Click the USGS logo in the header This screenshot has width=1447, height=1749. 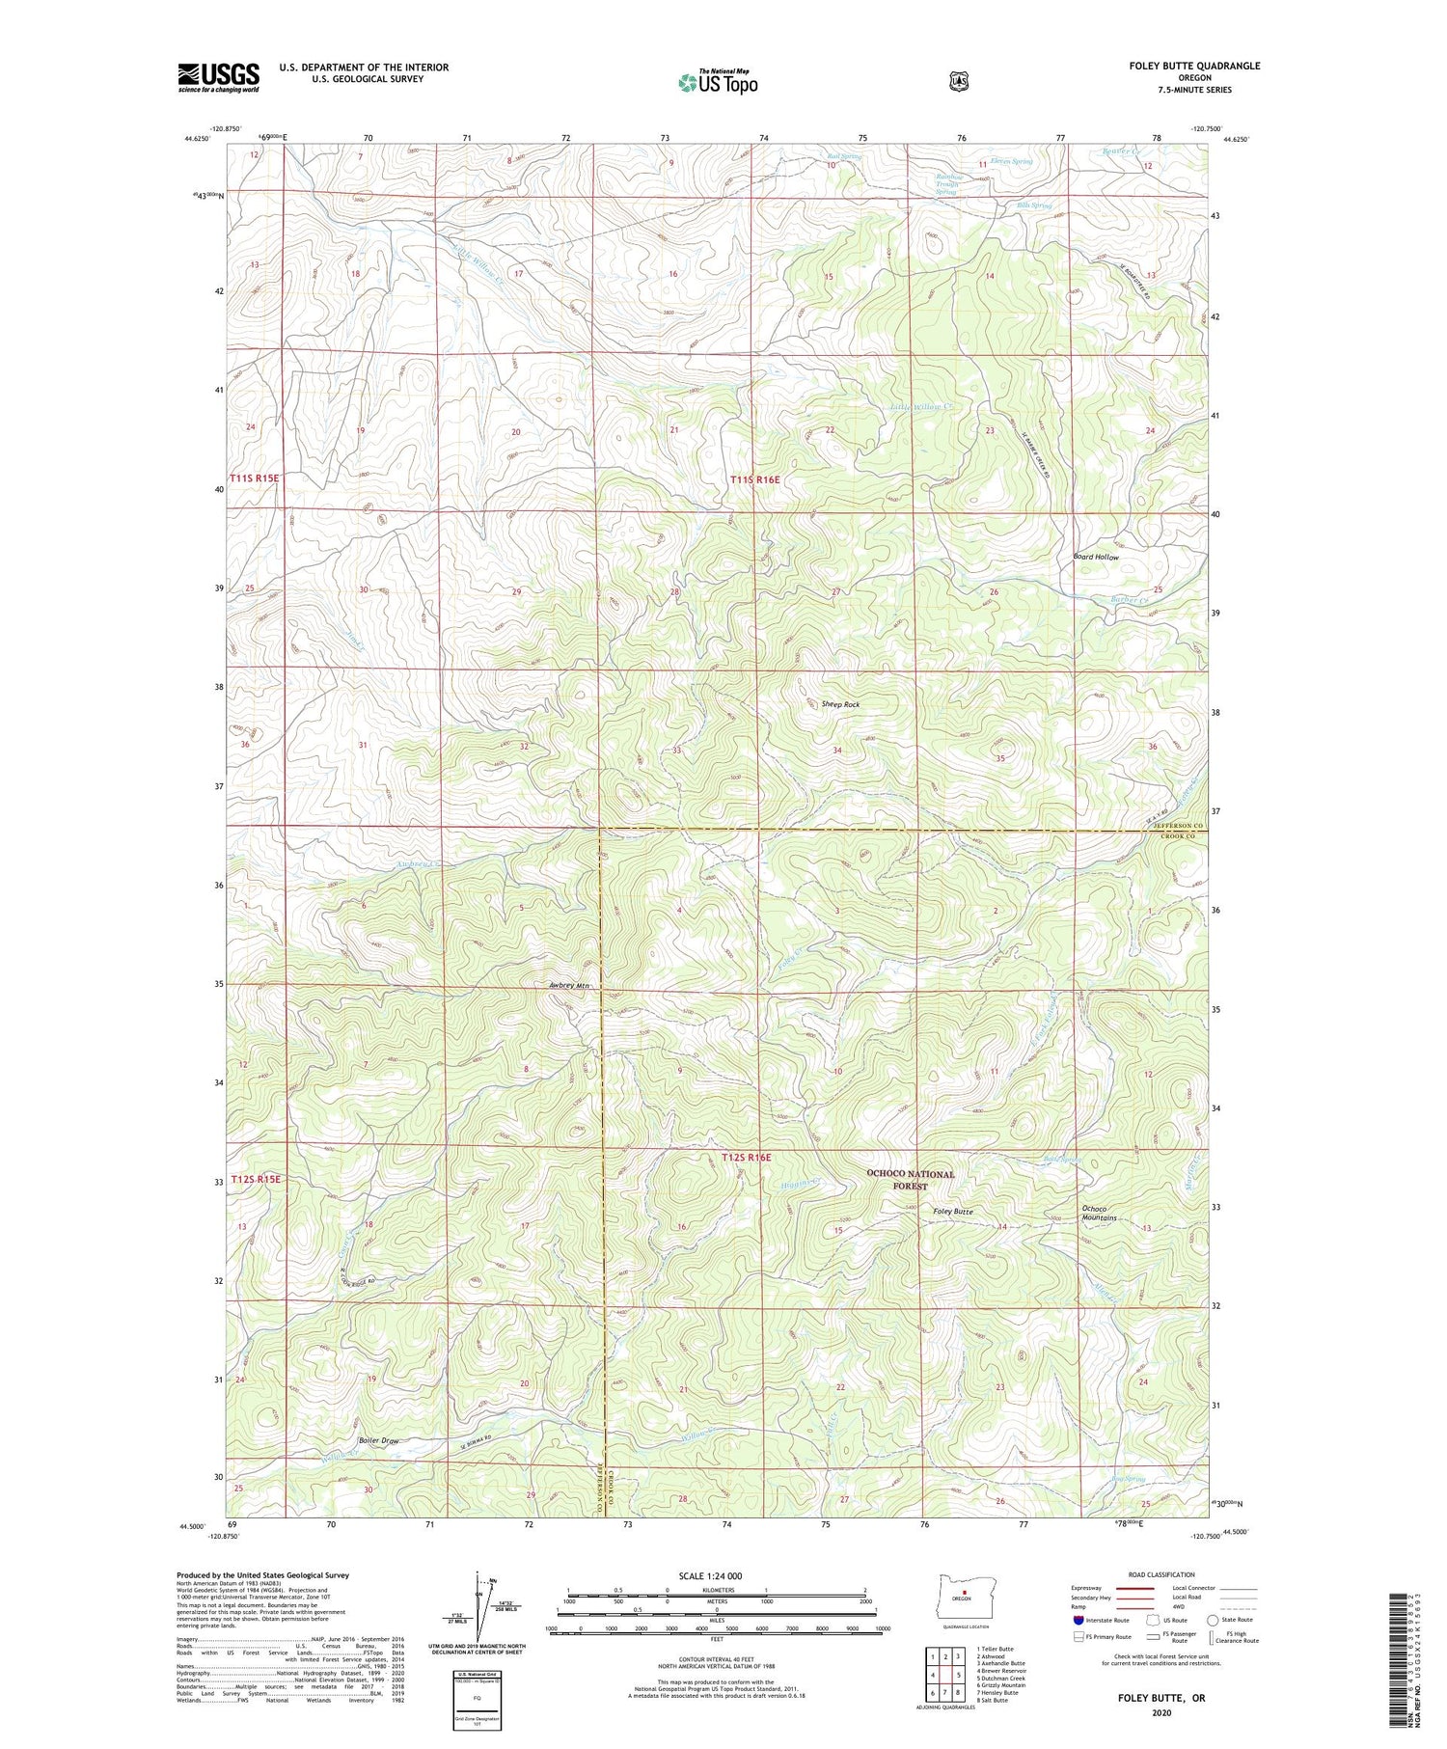coord(218,77)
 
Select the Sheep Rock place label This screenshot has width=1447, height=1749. coord(840,704)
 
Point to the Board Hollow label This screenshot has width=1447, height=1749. coord(1096,557)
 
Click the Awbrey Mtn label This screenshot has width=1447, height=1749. coord(568,985)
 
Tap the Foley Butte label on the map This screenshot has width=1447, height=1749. coord(952,1211)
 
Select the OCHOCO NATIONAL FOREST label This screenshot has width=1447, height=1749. coord(910,1180)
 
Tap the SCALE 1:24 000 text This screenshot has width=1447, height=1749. coord(714,1575)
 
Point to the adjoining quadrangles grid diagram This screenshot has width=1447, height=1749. coord(944,1674)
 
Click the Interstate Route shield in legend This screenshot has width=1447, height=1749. coord(1079,1621)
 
